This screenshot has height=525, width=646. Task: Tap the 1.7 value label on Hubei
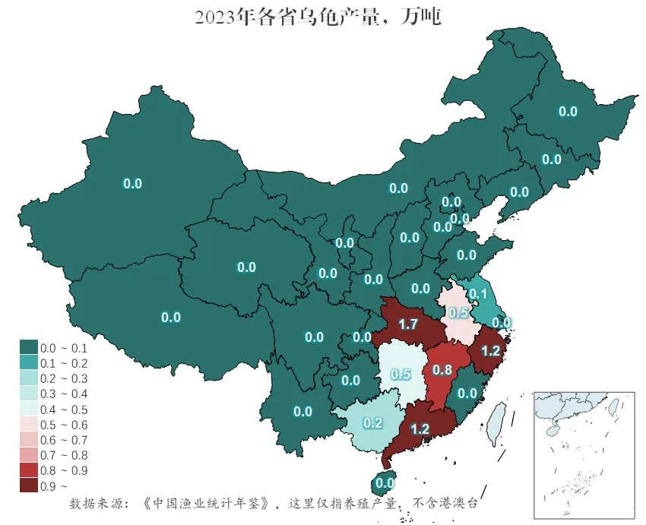coord(408,324)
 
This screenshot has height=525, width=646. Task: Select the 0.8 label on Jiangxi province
coord(442,370)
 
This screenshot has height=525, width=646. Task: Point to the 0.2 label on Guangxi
coord(372,422)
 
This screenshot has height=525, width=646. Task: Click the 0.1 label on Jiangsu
coord(478,294)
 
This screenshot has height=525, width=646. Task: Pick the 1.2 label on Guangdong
coord(420,429)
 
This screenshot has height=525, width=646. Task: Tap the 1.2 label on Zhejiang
coord(490,350)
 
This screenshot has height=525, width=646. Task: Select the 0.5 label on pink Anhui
coord(458,313)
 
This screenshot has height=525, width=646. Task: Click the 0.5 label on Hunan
coord(401,374)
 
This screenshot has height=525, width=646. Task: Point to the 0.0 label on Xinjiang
coord(133,183)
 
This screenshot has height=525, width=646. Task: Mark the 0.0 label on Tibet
coord(171,318)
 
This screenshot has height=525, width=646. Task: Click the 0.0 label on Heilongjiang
coord(568,111)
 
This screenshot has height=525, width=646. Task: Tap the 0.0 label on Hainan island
coord(385,482)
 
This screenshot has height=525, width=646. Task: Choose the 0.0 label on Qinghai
coord(246,267)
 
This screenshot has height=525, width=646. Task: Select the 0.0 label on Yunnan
coord(302,412)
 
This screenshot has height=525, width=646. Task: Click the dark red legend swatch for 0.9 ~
coord(29,485)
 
